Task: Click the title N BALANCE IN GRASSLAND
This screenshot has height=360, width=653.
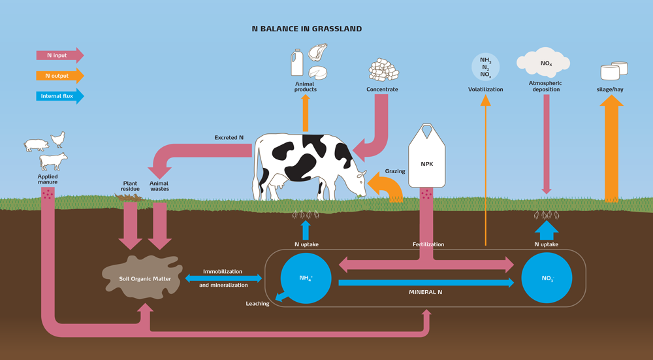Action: [x=307, y=29]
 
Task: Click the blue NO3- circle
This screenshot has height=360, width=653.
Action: [x=547, y=278]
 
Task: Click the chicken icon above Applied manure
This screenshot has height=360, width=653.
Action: [x=58, y=139]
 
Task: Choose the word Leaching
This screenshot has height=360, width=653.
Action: [x=257, y=304]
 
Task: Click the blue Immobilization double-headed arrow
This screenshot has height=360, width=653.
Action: [x=224, y=278]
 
